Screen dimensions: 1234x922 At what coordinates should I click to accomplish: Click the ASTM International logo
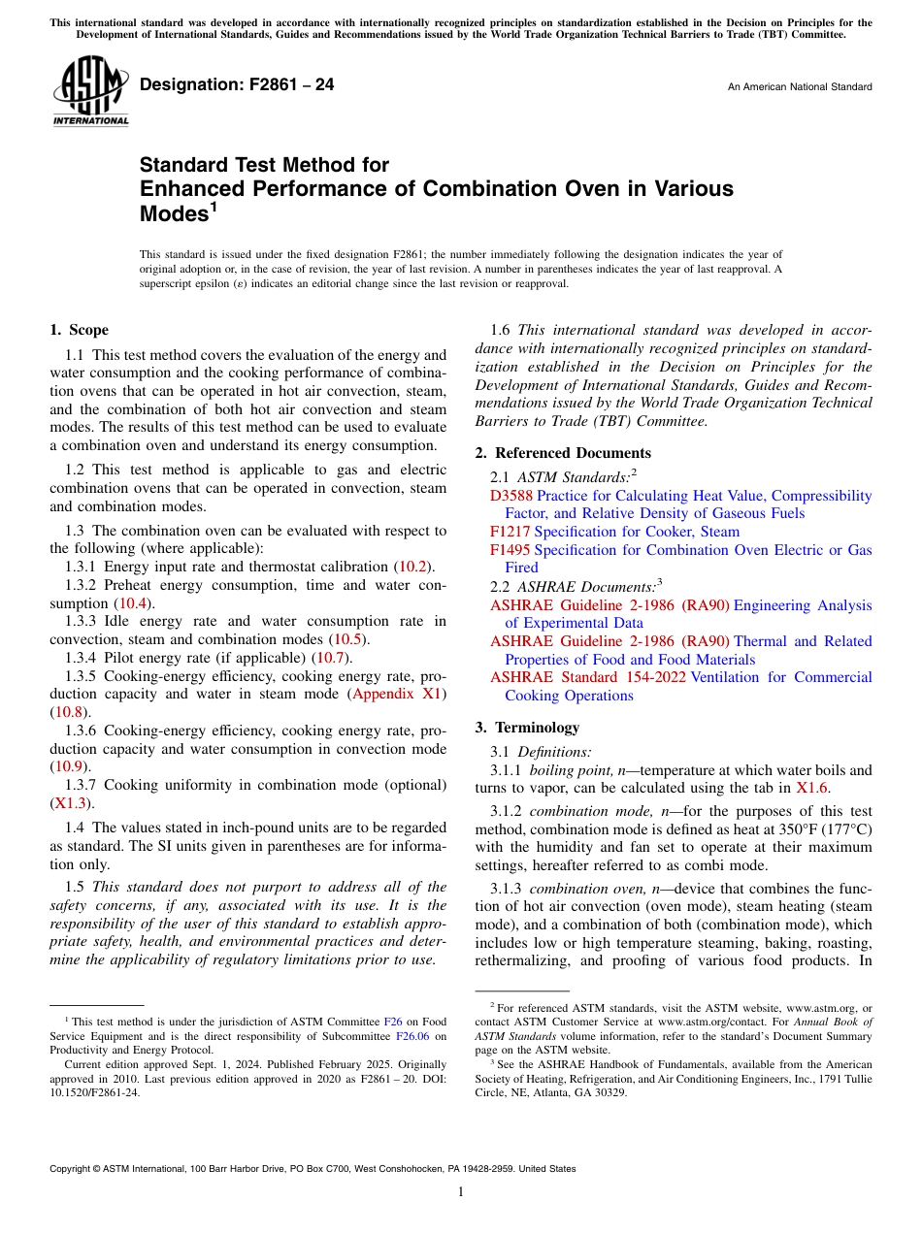pyautogui.click(x=90, y=90)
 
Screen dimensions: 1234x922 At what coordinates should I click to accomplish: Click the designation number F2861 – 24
pyautogui.click(x=237, y=85)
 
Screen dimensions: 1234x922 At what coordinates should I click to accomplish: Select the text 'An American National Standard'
pyautogui.click(x=799, y=87)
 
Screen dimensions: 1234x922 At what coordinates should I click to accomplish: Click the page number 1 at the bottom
pyautogui.click(x=461, y=1192)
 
